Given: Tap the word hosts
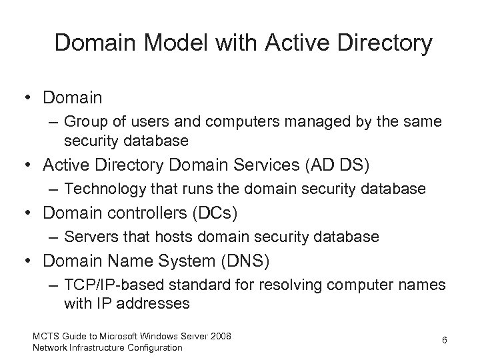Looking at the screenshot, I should tap(177, 237).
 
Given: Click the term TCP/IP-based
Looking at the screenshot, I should tap(115, 285).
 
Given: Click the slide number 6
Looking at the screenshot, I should tap(443, 341).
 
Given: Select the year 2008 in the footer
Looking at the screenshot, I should tap(220, 336).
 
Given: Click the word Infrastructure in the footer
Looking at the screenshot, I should tap(93, 347).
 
